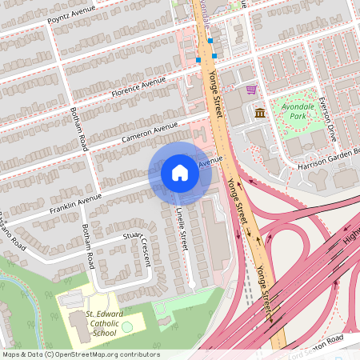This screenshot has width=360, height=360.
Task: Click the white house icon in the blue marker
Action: point(180,173)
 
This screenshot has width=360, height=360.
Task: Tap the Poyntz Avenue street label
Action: point(71,14)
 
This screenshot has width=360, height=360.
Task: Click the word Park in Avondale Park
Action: point(298,116)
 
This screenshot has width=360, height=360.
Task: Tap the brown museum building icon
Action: point(260,113)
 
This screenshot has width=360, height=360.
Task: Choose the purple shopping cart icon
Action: point(251,90)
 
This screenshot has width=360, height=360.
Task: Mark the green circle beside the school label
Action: point(127,328)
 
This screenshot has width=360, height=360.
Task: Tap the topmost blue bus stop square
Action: point(210,40)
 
